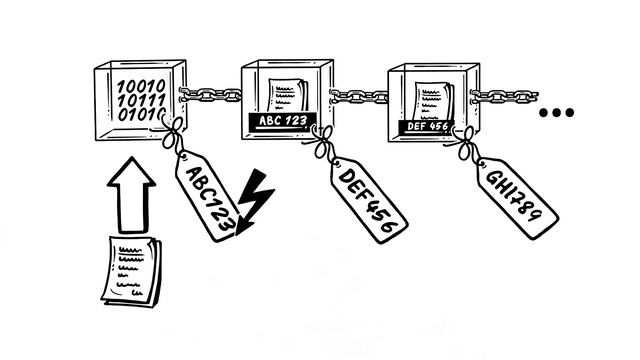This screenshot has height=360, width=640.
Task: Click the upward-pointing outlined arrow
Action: pos(131,195)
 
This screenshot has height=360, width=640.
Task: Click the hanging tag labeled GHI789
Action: pos(517,198)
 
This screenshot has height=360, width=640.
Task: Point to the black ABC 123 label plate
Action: pos(283,121)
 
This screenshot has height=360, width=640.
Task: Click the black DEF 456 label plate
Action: pos(427,127)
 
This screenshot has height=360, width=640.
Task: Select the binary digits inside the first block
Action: pos(142,100)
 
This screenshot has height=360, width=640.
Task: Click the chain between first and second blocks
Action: pos(211,95)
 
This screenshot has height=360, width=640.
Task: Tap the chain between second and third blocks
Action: pos(359,97)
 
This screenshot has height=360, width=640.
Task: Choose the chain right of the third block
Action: pos(504,97)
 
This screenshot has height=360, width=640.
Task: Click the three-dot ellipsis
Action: pos(556,112)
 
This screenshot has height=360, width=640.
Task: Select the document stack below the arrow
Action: pos(132,271)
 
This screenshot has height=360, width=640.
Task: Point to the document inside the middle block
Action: pos(287,96)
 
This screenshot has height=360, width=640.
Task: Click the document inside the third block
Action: pos(433,101)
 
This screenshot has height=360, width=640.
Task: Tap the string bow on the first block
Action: pos(173,133)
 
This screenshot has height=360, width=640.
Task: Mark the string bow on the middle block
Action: pos(323,141)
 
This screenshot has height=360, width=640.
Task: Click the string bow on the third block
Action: pos(464,144)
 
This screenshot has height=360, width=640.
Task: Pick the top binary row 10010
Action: pos(141,86)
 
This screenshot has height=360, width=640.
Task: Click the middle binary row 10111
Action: pos(142,100)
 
